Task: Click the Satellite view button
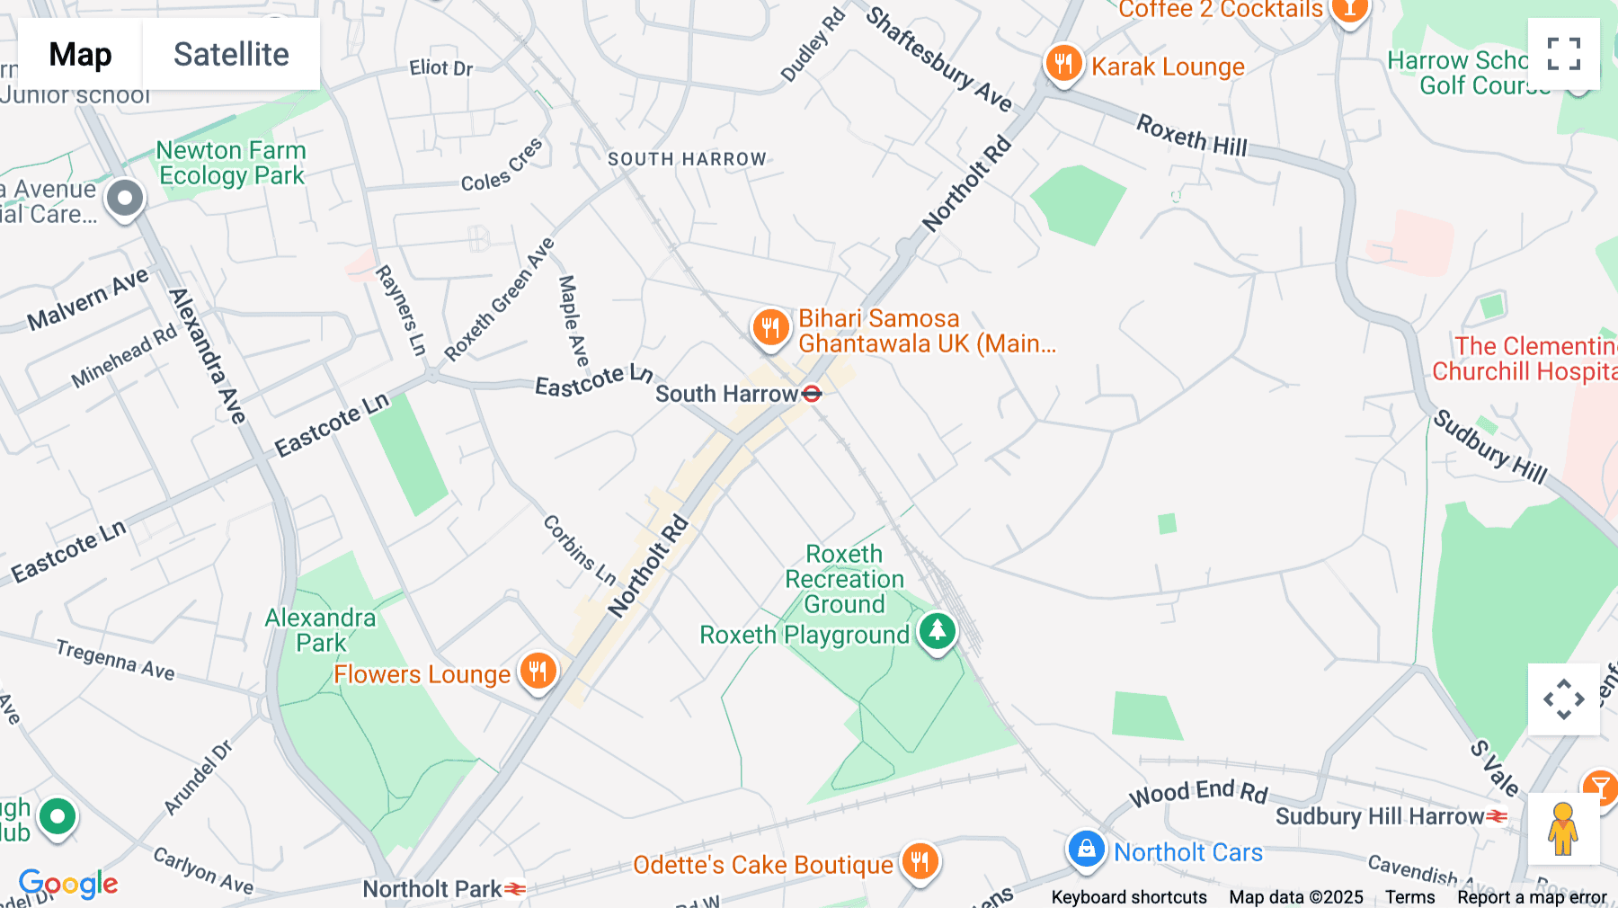point(231,54)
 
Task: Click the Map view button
point(80,54)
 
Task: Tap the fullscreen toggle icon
point(1563,54)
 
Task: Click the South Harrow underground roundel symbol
point(812,394)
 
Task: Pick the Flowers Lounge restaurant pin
point(538,672)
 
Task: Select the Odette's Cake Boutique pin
point(920,862)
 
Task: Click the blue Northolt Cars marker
point(1086,850)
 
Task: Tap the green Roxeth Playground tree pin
point(937,631)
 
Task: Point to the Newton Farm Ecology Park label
point(231,163)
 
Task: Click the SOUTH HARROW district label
point(687,159)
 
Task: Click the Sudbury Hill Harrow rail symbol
point(1497,816)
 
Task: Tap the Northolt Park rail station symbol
point(515,889)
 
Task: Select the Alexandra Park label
point(320,630)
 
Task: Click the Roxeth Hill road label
point(1191,136)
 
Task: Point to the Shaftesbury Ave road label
point(938,59)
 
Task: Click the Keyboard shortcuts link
point(1129,897)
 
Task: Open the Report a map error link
point(1532,897)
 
